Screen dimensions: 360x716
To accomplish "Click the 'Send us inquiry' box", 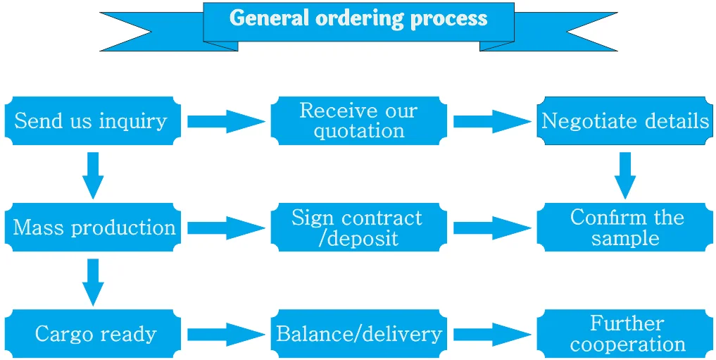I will (x=92, y=120).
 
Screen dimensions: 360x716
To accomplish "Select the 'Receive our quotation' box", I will (x=358, y=120).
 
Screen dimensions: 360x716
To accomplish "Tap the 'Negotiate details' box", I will (x=624, y=120).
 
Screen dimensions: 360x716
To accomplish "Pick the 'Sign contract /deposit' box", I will (x=358, y=227).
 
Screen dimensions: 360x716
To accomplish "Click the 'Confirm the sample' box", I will (x=624, y=227).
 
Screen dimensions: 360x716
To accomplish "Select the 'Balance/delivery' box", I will (x=358, y=333).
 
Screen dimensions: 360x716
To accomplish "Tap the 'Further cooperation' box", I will (x=624, y=333).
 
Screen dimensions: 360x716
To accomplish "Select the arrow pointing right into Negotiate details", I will (x=491, y=121).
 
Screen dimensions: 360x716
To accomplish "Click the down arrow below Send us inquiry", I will (x=93, y=175).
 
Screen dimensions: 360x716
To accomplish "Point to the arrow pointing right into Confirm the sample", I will (x=491, y=228).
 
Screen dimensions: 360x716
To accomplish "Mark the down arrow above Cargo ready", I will (x=93, y=281).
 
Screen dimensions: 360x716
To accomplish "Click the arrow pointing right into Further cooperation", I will (x=491, y=334).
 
